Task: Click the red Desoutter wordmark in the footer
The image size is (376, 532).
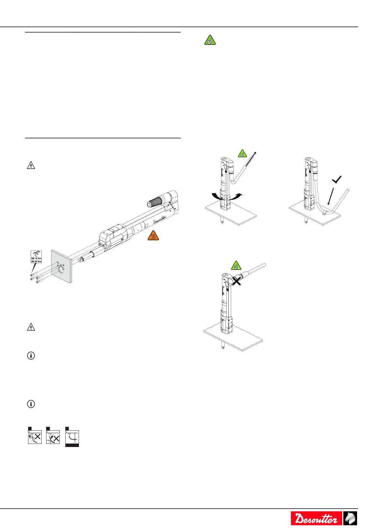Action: pyautogui.click(x=316, y=518)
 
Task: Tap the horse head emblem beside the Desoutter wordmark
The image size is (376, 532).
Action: pyautogui.click(x=350, y=518)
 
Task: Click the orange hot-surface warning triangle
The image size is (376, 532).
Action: pyautogui.click(x=153, y=235)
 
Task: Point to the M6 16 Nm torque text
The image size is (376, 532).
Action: pyautogui.click(x=36, y=258)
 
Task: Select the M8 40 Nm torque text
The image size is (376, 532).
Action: pyautogui.click(x=36, y=262)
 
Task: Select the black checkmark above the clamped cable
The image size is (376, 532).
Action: pyautogui.click(x=337, y=180)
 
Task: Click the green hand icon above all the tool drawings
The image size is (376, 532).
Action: pyautogui.click(x=210, y=40)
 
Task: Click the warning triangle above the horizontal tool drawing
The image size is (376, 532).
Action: pyautogui.click(x=31, y=165)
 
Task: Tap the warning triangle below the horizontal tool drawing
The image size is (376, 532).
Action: pyautogui.click(x=31, y=327)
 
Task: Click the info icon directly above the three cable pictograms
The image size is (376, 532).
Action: pyautogui.click(x=31, y=404)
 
